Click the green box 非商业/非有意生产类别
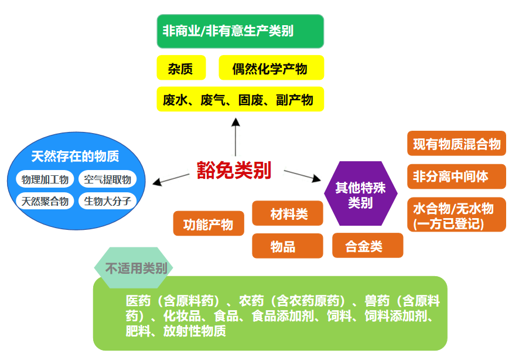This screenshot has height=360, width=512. tap(240, 31)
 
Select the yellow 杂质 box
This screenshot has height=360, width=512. tap(182, 68)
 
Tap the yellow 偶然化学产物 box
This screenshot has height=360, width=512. tap(271, 68)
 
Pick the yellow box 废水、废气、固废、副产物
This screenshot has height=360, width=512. tap(240, 99)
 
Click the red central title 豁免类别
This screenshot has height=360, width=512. tap(234, 171)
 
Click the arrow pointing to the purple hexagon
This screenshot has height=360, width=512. tap(302, 176)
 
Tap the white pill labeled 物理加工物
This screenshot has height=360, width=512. tap(45, 179)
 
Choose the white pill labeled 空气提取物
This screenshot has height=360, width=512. tap(107, 179)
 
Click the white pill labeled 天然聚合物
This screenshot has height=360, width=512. tap(45, 201)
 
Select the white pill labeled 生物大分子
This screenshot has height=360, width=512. tap(107, 201)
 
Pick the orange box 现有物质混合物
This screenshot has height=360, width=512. tap(456, 144)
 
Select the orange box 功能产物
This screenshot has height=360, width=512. tap(209, 223)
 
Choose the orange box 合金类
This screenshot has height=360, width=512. tap(367, 246)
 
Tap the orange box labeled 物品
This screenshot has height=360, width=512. tap(287, 246)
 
